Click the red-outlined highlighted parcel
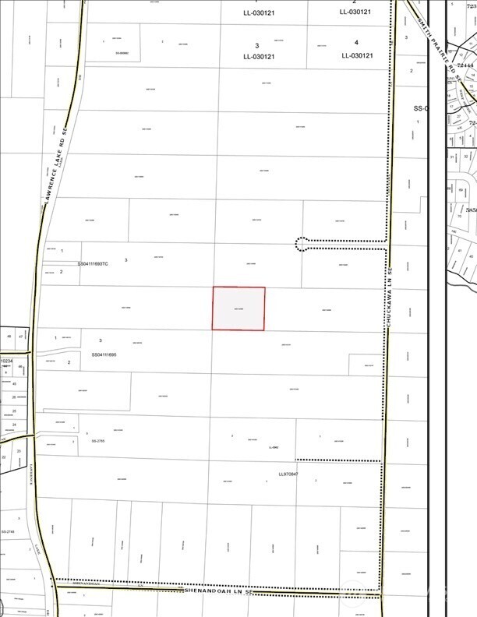coord(239,308)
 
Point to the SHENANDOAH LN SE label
coord(219,592)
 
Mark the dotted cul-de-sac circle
coord(302,245)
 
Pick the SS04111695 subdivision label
coord(104,354)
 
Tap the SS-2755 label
coord(98,441)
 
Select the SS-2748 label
coord(9,532)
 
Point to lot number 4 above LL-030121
coord(356,42)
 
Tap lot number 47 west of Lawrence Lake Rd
coord(20,336)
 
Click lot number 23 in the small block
coord(18,451)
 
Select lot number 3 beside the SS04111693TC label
coord(125,259)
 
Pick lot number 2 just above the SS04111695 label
coord(69,362)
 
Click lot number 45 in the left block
coord(14,384)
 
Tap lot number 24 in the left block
coord(14,425)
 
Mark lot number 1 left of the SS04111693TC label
coord(62,251)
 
